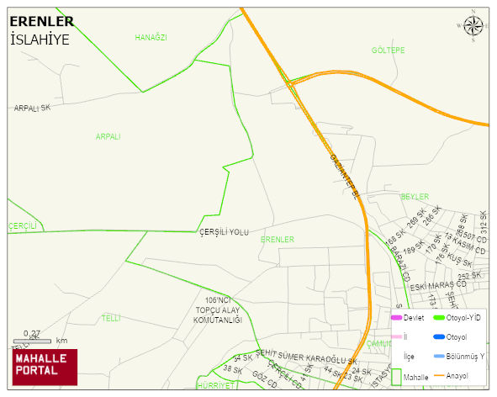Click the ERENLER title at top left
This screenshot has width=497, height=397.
click(41, 21)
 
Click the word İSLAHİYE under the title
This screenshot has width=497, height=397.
click(40, 39)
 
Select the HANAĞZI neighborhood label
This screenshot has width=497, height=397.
click(151, 38)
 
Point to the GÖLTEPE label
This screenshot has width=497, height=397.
click(388, 50)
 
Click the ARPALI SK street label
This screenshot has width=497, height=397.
click(33, 109)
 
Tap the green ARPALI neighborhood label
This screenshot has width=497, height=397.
click(108, 136)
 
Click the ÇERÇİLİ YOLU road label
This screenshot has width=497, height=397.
click(224, 232)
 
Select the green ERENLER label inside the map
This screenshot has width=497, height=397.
click(278, 240)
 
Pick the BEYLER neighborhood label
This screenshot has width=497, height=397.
click(415, 196)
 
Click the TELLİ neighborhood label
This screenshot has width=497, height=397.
click(111, 318)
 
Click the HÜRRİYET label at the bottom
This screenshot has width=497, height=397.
click(197, 384)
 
